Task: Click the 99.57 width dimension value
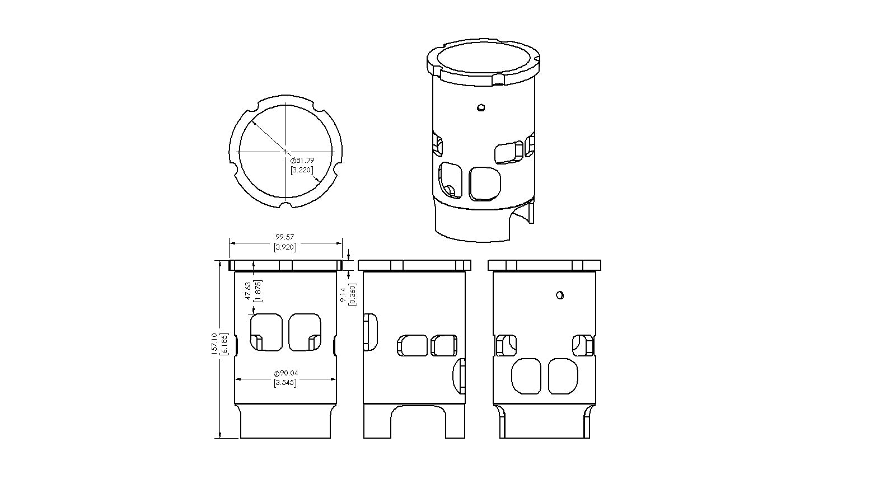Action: (x=284, y=237)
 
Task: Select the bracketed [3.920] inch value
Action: (x=284, y=247)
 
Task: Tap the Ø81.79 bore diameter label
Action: (x=302, y=161)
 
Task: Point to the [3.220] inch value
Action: (x=302, y=170)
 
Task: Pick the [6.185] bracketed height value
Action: (x=224, y=344)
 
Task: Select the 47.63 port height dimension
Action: (x=248, y=291)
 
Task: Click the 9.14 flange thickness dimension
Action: (x=343, y=295)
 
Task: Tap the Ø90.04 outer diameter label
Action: (x=286, y=373)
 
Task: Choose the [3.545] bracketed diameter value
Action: (x=286, y=383)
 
